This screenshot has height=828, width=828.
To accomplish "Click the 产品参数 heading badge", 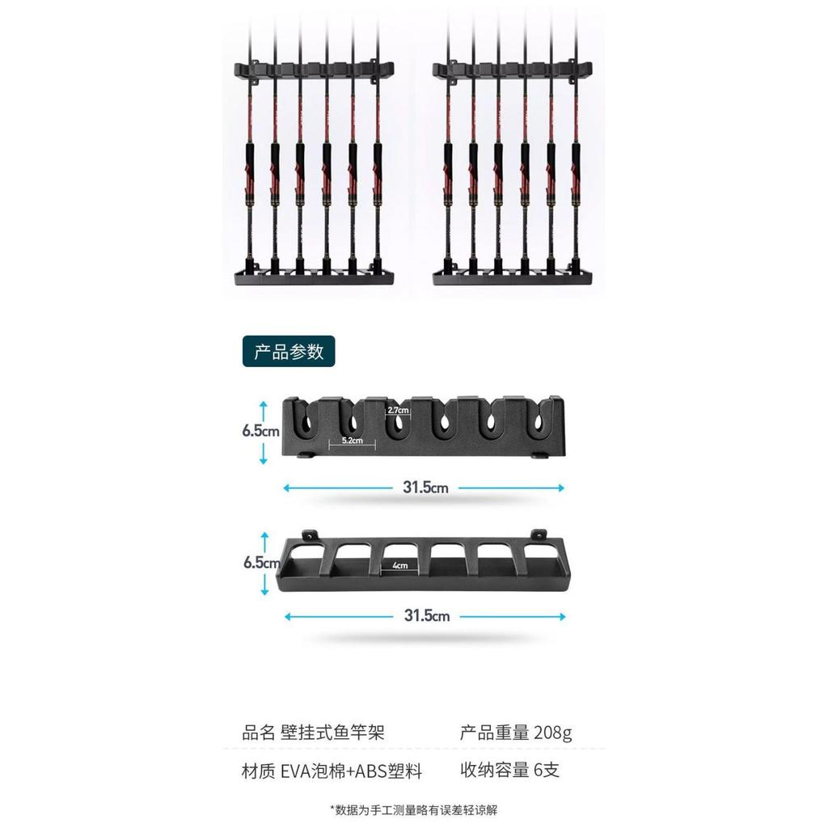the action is click(x=289, y=351).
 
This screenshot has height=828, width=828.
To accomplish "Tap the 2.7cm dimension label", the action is click(x=398, y=410).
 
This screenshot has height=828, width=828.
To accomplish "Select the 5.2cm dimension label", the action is click(x=353, y=440).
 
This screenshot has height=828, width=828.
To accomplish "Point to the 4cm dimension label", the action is click(x=400, y=565).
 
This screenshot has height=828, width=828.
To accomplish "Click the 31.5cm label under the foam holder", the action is click(x=425, y=488).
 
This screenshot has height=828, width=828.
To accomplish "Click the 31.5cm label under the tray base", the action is click(x=427, y=615).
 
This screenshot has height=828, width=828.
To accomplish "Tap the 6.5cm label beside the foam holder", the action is click(x=261, y=431).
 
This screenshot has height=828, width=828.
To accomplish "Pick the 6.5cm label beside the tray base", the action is click(x=262, y=563).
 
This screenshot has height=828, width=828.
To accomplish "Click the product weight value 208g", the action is click(x=553, y=733).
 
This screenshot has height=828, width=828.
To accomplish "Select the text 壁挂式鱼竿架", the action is click(x=332, y=733).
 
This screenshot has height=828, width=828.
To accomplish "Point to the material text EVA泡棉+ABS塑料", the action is click(x=351, y=771).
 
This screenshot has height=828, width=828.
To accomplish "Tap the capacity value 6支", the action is click(x=547, y=770).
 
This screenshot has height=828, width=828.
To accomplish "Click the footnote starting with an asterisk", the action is click(x=414, y=809).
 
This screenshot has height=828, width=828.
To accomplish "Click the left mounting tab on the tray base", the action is click(x=308, y=535).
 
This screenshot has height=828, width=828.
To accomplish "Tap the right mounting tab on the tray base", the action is click(x=539, y=534).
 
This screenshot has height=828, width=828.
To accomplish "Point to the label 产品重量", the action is click(x=494, y=733).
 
